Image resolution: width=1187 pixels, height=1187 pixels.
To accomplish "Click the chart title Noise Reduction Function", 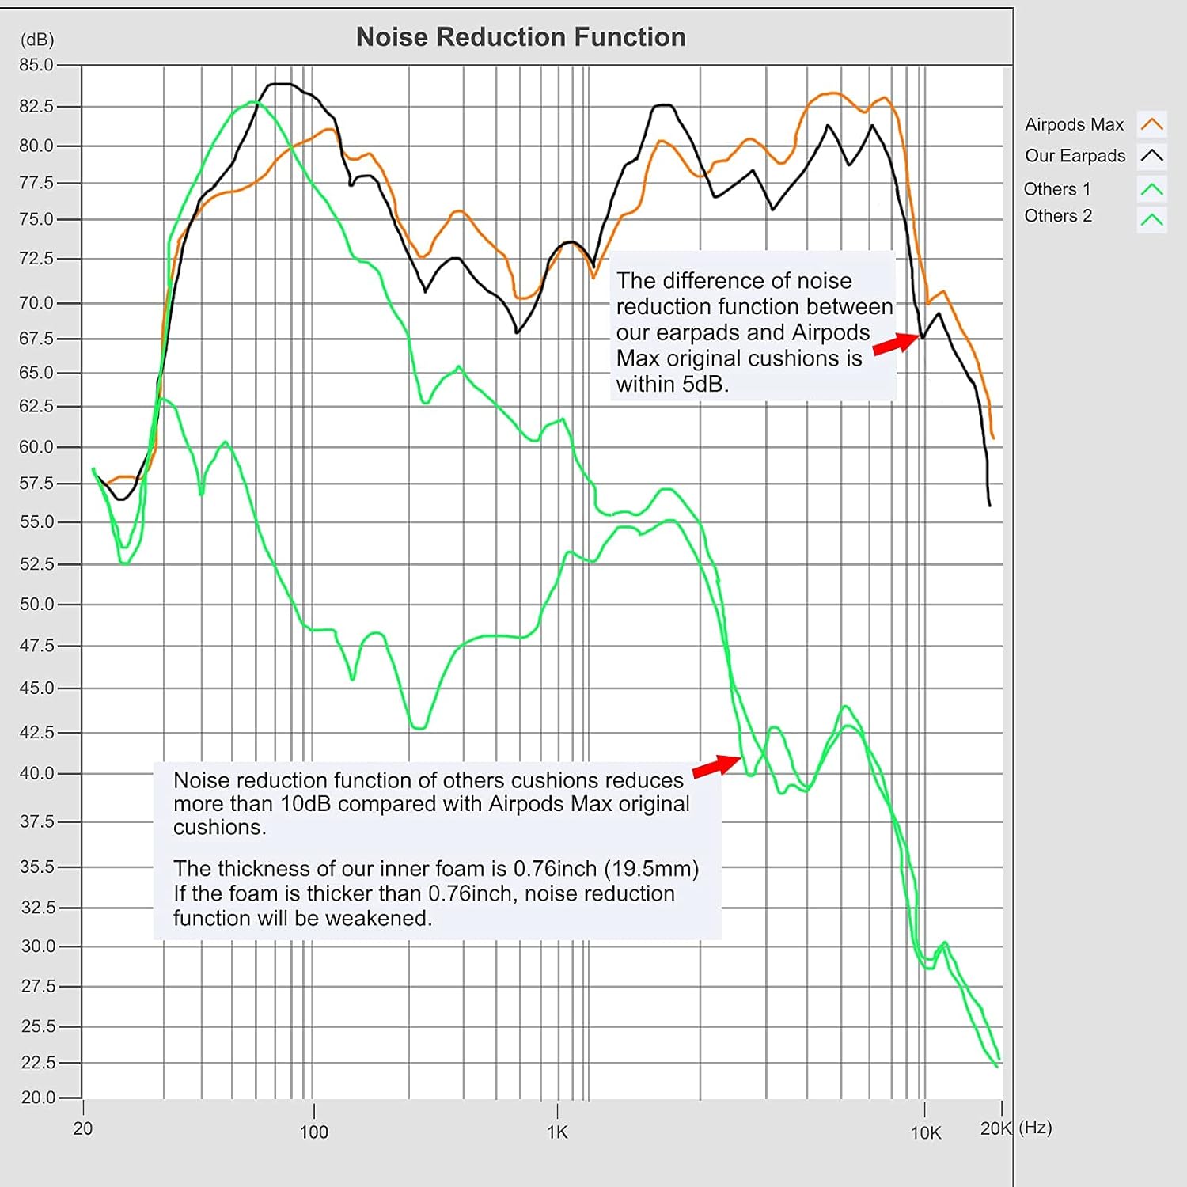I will pos(521,37).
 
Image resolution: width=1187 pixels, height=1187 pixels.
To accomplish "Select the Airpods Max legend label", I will pos(1074,125).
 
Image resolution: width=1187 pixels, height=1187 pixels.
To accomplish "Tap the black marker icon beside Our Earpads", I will pos(1151,155).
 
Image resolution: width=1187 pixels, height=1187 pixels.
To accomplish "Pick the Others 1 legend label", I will pos(1056,189).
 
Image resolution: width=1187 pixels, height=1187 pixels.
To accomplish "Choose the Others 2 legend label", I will pos(1057,216).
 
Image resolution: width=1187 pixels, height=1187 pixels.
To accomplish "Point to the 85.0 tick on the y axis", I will pos(36,65).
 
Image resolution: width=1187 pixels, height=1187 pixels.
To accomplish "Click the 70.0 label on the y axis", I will pos(36,302).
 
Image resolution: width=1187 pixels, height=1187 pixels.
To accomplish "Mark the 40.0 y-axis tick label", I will pos(36,773).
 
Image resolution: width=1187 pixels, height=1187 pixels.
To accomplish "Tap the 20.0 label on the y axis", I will pos(38,1098).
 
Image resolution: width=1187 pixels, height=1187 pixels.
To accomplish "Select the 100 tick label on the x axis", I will pos(313,1132).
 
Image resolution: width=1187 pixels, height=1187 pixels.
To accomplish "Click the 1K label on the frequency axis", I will pos(557,1132).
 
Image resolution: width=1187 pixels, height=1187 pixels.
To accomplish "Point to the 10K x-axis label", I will pos(925,1133).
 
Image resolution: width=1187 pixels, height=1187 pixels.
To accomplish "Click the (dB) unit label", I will pos(37,40).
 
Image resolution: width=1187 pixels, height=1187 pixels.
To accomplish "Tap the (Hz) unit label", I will pos(1035,1128).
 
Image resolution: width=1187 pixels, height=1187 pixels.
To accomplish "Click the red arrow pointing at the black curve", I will pos(897,343).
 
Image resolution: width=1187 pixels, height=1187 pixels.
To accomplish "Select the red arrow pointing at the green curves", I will pos(717,765).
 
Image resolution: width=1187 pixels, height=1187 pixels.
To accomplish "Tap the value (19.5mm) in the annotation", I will pos(651,869).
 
